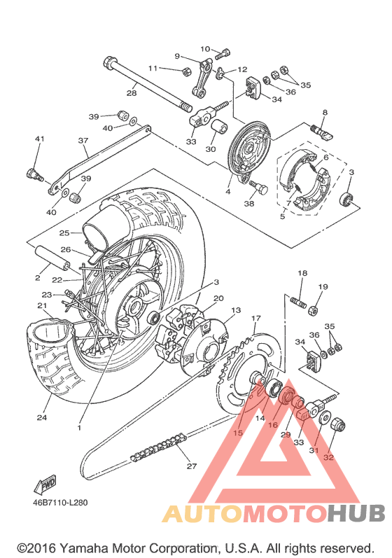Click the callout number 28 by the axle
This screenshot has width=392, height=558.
tap(132, 93)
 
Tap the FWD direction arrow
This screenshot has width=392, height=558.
tap(45, 484)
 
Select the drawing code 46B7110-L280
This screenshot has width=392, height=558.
tap(60, 503)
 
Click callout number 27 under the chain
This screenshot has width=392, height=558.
tap(192, 466)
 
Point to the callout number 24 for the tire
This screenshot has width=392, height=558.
tap(42, 417)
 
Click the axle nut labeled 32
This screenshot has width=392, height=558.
tap(338, 424)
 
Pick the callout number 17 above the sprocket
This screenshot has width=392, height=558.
tap(255, 319)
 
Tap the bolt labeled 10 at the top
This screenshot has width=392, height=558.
tap(224, 54)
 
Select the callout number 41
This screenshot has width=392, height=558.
tap(39, 139)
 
